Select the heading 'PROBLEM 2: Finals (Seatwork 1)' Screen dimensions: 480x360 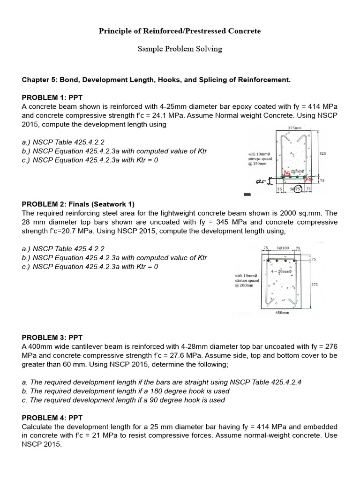pos(78,204)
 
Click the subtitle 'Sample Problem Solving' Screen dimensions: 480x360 pos(180,49)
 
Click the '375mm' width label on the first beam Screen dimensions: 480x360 pos(295,127)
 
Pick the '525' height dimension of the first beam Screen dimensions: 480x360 pos(322,153)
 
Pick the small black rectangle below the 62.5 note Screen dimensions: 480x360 pos(247,194)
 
